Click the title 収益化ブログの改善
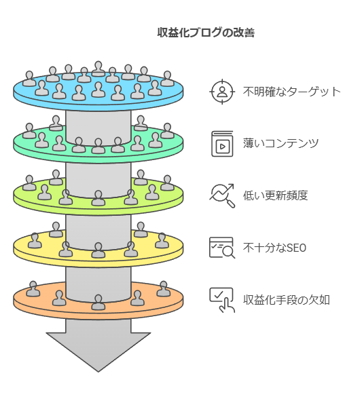pyautogui.click(x=206, y=33)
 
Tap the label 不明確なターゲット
pyautogui.click(x=291, y=92)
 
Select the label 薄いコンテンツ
pyautogui.click(x=281, y=143)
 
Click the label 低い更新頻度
pyautogui.click(x=275, y=195)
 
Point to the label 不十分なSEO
pyautogui.click(x=274, y=248)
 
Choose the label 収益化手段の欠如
pyautogui.click(x=287, y=300)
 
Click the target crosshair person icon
pyautogui.click(x=222, y=92)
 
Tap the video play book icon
pyautogui.click(x=222, y=144)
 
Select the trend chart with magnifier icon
pyautogui.click(x=222, y=195)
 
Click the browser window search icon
pyautogui.click(x=222, y=248)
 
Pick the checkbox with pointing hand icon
pyautogui.click(x=222, y=300)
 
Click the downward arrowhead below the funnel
pyautogui.click(x=98, y=351)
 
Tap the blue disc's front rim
pyautogui.click(x=98, y=107)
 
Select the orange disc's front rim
pyautogui.click(x=98, y=316)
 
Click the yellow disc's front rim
pyautogui.click(x=98, y=263)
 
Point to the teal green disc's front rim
pyautogui.click(x=98, y=159)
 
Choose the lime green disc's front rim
pyautogui.click(x=98, y=211)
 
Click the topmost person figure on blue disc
pyautogui.click(x=98, y=69)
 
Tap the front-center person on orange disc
pyautogui.click(x=98, y=302)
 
